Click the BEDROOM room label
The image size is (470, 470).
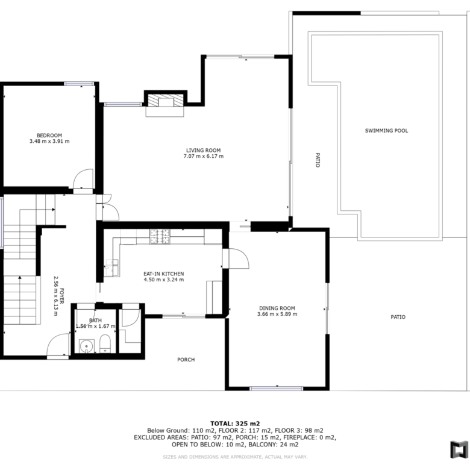point(49,136)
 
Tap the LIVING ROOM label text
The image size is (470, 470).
point(203,151)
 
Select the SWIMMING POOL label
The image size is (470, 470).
point(386,131)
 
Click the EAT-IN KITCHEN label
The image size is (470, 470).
point(164,274)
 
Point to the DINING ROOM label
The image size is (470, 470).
point(277,308)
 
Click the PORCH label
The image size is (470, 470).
point(186,360)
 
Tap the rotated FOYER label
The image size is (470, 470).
point(61,296)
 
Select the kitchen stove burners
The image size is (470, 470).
point(160,236)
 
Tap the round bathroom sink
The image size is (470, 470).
point(87,346)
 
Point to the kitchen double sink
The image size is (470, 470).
point(111,268)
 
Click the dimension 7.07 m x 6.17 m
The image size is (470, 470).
point(204,156)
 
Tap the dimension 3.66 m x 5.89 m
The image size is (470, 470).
point(277,314)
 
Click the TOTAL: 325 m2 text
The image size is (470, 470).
point(235,424)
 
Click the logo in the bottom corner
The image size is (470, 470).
point(459,450)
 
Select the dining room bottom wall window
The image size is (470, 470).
point(277,389)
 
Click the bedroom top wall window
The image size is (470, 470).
point(79,84)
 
